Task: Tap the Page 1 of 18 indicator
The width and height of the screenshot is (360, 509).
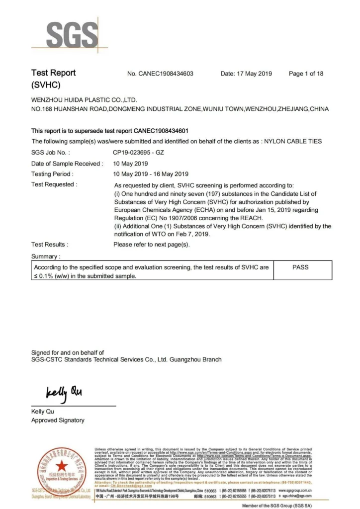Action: coord(306,74)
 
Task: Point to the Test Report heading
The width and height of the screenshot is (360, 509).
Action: coord(53,73)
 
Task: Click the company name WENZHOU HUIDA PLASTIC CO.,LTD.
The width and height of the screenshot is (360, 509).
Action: coord(84,100)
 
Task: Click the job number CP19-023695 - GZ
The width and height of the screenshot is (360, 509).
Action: coord(138,152)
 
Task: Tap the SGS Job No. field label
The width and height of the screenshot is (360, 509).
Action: coord(50,152)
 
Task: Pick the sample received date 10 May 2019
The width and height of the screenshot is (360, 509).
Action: coord(131,163)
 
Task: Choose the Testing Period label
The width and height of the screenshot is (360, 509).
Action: coord(52,174)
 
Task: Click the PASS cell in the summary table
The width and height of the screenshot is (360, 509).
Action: coord(300,267)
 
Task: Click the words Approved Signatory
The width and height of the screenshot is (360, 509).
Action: coord(58,420)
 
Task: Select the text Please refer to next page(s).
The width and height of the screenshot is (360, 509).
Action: coord(152,245)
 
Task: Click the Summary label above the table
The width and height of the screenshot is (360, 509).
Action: coord(46,256)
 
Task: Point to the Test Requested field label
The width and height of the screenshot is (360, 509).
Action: coord(54,184)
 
